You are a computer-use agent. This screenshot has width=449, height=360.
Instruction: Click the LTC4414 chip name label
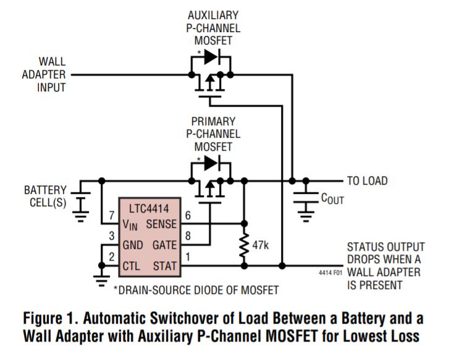(149, 209)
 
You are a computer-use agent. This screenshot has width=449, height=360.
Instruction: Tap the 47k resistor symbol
(244, 245)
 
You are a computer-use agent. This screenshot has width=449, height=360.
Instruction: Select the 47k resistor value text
(261, 245)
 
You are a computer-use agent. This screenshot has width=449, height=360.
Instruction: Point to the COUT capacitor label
(332, 199)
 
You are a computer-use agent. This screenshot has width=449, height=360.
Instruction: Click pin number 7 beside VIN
(111, 215)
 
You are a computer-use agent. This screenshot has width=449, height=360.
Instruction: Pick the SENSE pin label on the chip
(161, 224)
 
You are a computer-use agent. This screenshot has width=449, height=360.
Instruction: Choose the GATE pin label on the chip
(164, 245)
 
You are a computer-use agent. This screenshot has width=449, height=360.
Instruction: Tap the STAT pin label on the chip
(165, 266)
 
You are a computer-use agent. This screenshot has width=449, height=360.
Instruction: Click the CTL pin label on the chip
(131, 266)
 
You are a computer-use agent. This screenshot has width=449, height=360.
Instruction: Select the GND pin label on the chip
(133, 245)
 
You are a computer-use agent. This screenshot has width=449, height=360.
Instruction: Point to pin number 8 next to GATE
(188, 236)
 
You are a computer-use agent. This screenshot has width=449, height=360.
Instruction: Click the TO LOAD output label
(367, 181)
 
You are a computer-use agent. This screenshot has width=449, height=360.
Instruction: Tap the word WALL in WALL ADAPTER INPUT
(52, 62)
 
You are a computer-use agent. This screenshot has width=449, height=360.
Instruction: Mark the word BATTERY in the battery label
(45, 190)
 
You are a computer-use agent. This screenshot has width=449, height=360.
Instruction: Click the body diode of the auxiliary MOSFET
(212, 57)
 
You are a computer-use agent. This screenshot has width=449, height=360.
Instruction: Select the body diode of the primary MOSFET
(212, 163)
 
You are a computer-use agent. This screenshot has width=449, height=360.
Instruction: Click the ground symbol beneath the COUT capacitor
(306, 217)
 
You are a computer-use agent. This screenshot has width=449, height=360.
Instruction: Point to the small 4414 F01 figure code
(330, 272)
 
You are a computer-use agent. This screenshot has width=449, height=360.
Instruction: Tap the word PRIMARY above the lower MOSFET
(213, 122)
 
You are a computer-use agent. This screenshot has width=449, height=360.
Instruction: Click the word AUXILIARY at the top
(213, 15)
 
